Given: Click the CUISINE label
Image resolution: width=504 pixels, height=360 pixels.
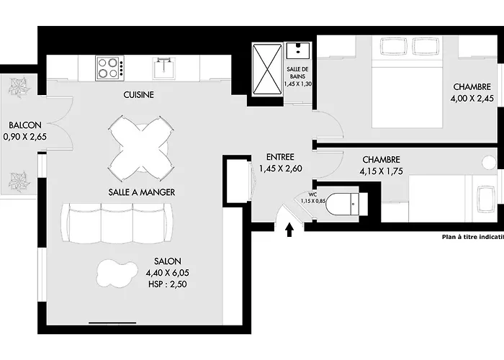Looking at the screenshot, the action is click(x=138, y=95).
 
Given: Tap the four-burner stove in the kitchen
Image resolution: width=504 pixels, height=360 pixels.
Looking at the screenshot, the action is click(x=109, y=68).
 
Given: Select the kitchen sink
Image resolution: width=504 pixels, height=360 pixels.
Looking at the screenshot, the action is click(x=164, y=68).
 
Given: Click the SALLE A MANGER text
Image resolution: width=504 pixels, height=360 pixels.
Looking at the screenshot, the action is click(x=141, y=192).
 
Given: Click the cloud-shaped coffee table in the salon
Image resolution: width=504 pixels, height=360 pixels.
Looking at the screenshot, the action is click(x=117, y=273).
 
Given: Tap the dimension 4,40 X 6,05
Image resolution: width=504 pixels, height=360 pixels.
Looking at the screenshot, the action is click(x=168, y=273).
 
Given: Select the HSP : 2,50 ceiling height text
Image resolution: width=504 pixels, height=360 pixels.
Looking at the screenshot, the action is click(x=168, y=284).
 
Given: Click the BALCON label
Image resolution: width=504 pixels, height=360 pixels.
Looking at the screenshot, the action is click(x=25, y=125).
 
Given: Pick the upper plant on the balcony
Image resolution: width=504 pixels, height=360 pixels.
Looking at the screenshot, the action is click(x=19, y=87).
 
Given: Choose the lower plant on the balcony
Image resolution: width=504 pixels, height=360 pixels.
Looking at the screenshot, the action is click(x=19, y=182).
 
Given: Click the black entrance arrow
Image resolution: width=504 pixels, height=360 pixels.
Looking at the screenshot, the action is click(x=289, y=230).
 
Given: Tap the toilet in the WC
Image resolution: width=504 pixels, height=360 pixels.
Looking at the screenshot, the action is click(x=346, y=204).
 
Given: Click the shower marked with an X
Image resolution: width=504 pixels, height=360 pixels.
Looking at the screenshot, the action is click(x=267, y=69).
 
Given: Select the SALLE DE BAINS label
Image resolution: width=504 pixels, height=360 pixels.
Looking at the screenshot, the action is click(x=297, y=73).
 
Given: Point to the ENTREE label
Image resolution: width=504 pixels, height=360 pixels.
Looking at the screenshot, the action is click(x=280, y=157).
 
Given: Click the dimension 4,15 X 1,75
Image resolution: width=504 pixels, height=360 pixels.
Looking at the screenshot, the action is click(x=381, y=171).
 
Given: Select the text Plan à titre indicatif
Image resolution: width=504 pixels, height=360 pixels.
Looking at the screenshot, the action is click(x=473, y=237).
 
